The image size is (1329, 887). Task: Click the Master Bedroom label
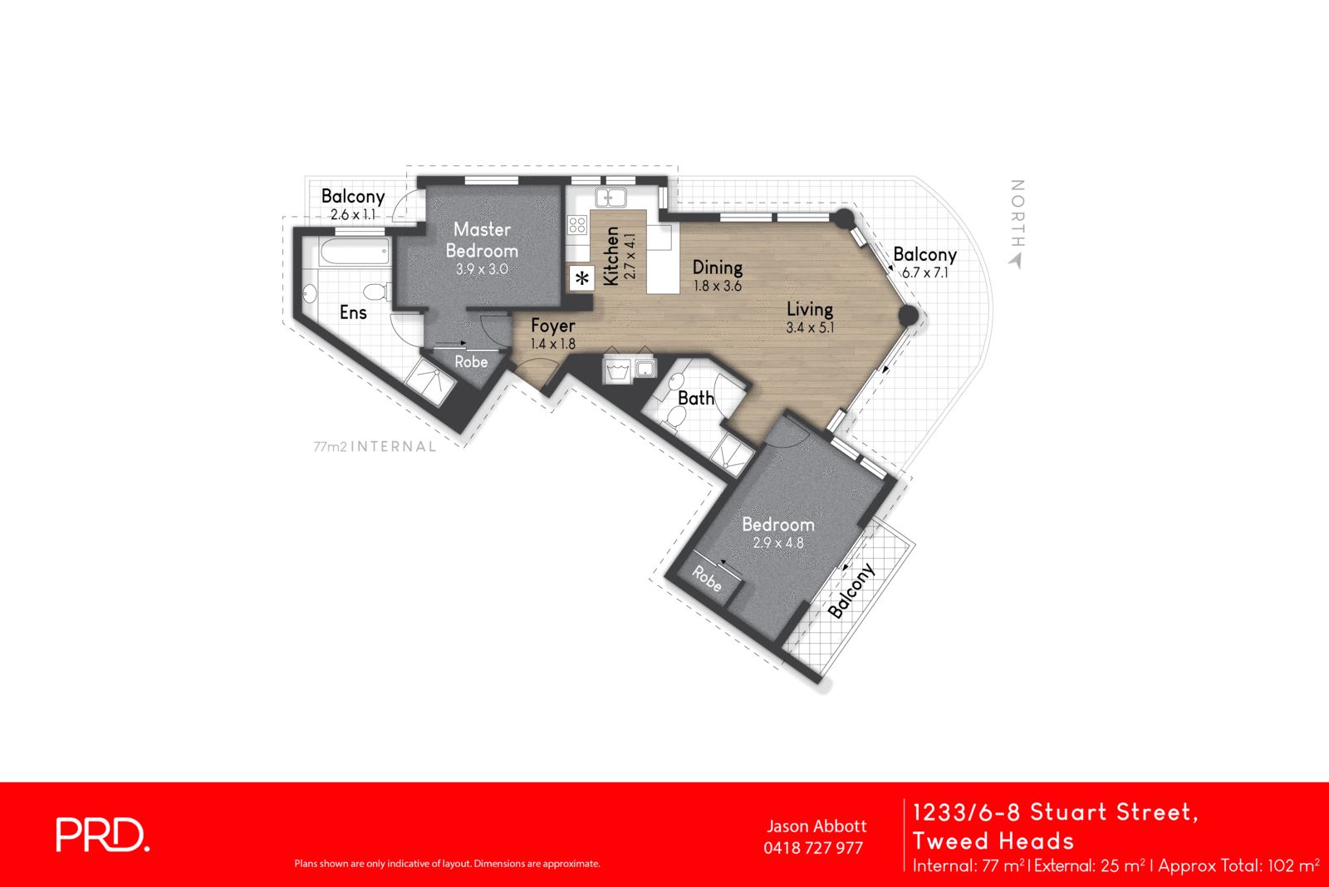point(482,239)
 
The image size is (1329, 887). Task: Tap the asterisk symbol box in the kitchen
point(582,278)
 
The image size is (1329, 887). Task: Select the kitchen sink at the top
point(611,198)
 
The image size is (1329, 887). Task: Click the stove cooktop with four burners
point(577,224)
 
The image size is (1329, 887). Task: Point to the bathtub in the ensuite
point(355,252)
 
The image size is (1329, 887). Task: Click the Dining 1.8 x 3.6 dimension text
point(718,286)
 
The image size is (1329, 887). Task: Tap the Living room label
point(810,309)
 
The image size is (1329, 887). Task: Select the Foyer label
point(553,326)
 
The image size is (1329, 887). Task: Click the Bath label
point(696,398)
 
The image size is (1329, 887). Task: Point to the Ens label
point(353,312)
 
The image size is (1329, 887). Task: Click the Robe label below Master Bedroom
point(471,361)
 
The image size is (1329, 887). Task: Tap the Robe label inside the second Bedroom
point(707,578)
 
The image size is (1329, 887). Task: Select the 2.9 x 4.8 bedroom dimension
point(778,543)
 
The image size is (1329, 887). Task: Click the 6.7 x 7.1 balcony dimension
point(924,272)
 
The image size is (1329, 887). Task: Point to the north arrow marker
point(1015,261)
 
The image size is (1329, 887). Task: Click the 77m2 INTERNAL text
point(375,446)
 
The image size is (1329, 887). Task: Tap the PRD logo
point(102,835)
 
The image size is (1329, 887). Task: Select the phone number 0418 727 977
point(813,848)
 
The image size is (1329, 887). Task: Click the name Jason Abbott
point(817,826)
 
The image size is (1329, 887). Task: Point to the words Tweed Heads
point(993,840)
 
